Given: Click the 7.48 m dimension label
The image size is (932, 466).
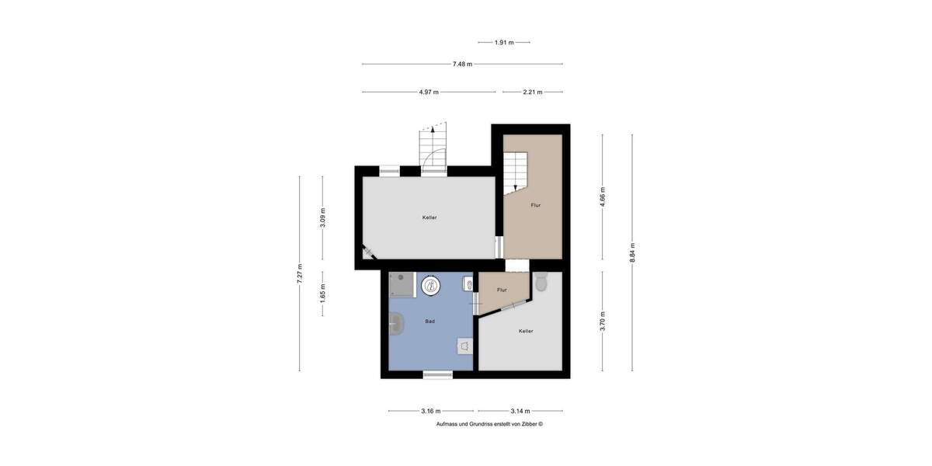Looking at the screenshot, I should pos(463,64).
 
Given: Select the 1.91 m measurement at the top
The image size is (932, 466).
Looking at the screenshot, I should pos(504,42).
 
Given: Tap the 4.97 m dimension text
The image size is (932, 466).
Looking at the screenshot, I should pos(429,92).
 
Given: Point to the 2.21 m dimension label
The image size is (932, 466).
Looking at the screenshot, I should pos(533,92).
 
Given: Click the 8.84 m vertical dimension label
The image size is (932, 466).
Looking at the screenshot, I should pos(632,253).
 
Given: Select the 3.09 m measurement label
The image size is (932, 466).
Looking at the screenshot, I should pos(323,217).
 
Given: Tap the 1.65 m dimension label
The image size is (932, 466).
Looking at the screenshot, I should pos(323,293).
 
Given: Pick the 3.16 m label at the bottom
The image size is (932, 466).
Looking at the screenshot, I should pos(431,411).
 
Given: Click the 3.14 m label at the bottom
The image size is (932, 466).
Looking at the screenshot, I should pos(520,411).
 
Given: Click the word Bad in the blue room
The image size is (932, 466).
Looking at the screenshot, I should pos(429,321).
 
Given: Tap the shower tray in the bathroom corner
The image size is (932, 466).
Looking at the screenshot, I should pos(403,285).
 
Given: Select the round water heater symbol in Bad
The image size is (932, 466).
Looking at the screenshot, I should pos(431,286).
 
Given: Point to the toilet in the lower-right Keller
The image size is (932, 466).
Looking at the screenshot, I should pos(541,282).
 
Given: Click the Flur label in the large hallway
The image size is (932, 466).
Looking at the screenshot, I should pos(535,205).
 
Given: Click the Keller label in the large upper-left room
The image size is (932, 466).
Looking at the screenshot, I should pos(429,217).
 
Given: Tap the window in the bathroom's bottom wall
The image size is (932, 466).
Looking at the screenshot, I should pos(438,375).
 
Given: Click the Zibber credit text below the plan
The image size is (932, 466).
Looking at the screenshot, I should pos(489,424).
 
